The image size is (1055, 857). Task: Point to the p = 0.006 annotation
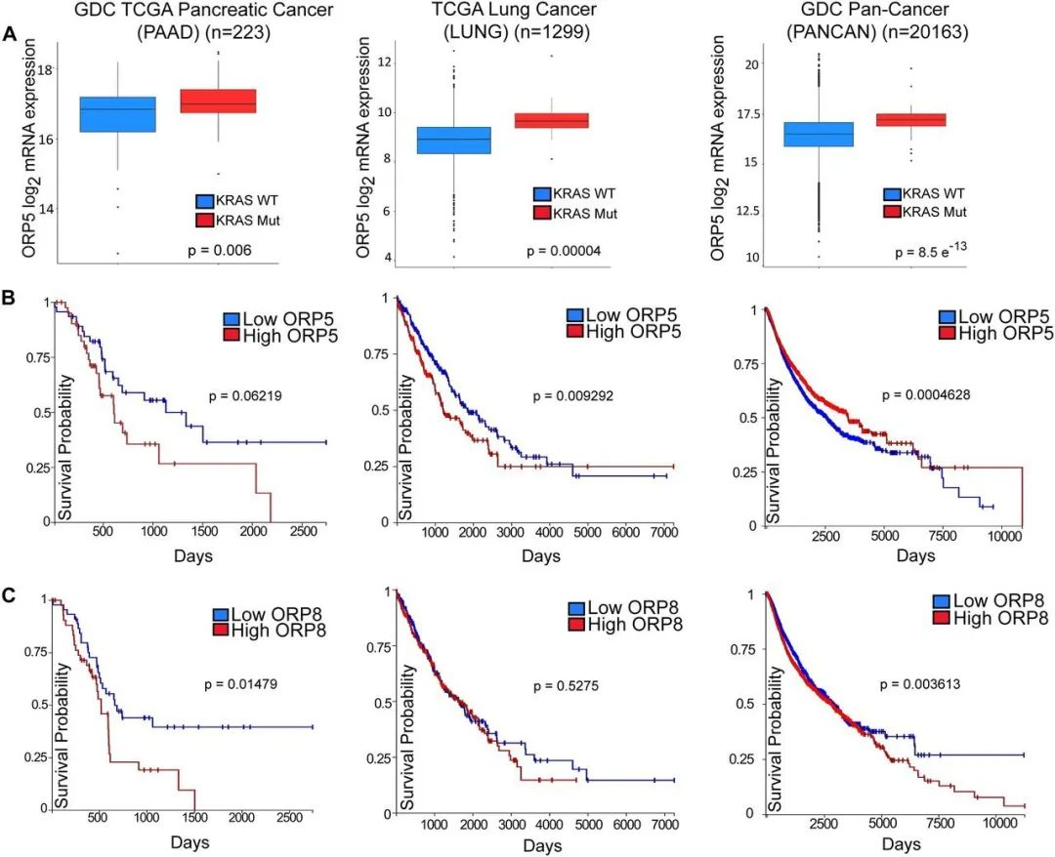pos(220,251)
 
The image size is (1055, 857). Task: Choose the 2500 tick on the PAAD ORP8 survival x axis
pos(288,815)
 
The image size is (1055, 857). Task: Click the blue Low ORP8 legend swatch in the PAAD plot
pos(222,614)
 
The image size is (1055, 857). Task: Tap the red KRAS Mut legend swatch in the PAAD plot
pos(205,222)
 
